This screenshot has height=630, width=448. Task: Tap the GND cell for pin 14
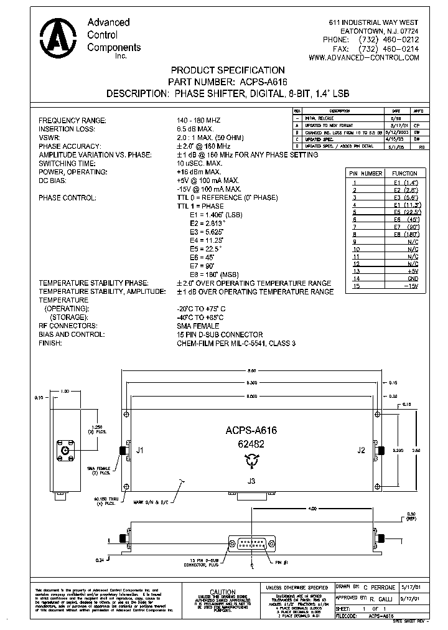tap(413, 279)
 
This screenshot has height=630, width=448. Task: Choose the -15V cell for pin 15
tap(411, 286)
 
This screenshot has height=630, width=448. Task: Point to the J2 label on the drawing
tap(362, 449)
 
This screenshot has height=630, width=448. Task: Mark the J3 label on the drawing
tap(251, 481)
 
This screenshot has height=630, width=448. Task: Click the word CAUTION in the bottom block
tap(222, 592)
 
